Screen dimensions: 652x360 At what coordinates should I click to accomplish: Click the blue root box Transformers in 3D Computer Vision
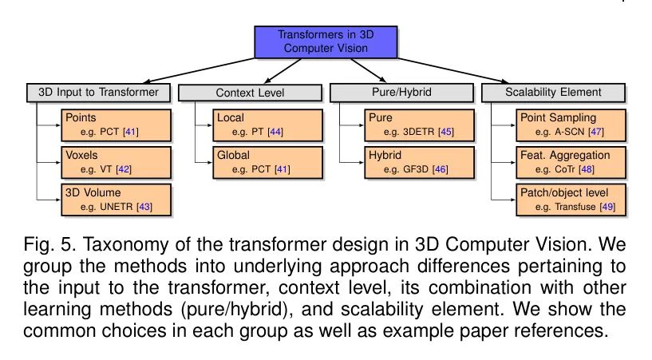click(x=326, y=42)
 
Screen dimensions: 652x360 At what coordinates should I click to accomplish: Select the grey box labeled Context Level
click(x=250, y=93)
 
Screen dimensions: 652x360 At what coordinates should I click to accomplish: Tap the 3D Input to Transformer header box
click(x=98, y=93)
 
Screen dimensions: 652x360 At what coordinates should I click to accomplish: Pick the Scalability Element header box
click(x=553, y=93)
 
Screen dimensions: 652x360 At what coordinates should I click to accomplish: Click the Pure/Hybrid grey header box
click(x=401, y=93)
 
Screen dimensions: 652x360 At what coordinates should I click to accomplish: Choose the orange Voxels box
click(x=116, y=162)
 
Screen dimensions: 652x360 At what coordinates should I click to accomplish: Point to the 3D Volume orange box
click(x=116, y=200)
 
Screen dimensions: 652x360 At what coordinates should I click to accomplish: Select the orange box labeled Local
click(x=268, y=125)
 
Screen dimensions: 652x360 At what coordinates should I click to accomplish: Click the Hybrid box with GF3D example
click(x=419, y=162)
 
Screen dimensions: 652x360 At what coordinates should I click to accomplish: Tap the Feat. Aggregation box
click(x=571, y=162)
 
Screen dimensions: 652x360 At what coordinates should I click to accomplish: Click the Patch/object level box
click(x=571, y=200)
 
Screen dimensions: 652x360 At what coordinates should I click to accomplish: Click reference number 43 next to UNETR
click(x=144, y=207)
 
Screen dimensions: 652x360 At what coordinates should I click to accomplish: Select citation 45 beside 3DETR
click(x=446, y=133)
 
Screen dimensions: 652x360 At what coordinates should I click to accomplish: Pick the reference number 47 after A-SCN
click(x=596, y=133)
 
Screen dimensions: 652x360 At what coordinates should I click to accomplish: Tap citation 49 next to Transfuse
click(x=607, y=207)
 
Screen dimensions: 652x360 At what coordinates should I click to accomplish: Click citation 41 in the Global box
click(x=283, y=169)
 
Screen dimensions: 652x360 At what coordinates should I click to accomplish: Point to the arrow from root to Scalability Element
click(x=453, y=71)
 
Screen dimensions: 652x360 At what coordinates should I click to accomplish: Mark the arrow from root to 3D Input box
click(x=199, y=71)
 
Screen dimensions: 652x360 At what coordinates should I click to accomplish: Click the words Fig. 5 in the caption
click(x=50, y=244)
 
